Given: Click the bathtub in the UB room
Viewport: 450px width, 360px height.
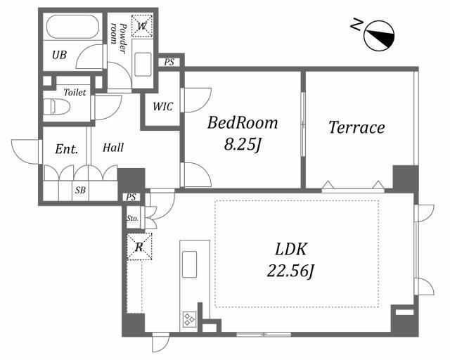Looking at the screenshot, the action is tap(72, 27).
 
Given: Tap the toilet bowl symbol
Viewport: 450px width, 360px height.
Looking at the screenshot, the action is tap(60, 107).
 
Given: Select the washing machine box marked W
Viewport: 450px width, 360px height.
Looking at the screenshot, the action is tap(142, 25).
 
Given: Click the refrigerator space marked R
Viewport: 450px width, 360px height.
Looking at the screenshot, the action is tap(139, 247).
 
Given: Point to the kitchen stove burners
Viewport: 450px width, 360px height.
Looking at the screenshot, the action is tap(189, 319).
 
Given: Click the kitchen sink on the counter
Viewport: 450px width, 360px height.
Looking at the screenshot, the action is tap(189, 264).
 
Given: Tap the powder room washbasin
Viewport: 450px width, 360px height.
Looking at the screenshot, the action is tap(143, 64).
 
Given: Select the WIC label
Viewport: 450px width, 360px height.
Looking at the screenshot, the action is tap(162, 107).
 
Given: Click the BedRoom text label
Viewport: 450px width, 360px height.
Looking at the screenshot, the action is tap(243, 123).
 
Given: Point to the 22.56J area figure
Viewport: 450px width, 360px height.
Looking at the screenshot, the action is tap(290, 271).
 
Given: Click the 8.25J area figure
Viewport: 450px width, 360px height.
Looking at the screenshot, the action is tap(243, 144).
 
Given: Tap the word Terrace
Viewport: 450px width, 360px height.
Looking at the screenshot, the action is tap(356, 127).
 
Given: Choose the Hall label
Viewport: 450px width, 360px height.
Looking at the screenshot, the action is tap(113, 148).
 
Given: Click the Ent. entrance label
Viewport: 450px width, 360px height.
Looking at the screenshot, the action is tap(67, 149).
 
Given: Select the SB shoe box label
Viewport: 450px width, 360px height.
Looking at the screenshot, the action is tap(80, 190).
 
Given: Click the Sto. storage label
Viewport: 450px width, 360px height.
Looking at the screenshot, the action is tap(132, 218).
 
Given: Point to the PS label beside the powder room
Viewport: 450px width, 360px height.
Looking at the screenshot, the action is tap(169, 62).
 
